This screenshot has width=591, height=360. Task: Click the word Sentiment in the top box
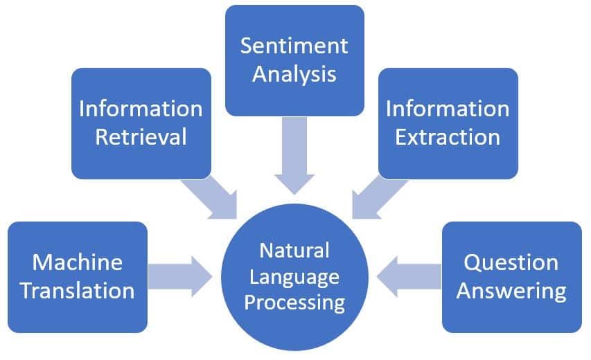coord(294,46)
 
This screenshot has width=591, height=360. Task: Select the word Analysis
coord(294,74)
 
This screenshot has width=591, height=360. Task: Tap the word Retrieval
coord(141,136)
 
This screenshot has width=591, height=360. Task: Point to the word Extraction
coord(448,136)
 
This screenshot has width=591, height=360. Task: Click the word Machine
coord(78,262)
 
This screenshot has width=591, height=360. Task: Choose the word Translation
coord(78,290)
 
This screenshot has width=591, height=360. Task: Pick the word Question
coord(511,262)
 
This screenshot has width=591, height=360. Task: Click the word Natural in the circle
coord(294,251)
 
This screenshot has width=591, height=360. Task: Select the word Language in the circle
coord(294,278)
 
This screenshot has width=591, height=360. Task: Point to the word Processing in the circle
coord(294,303)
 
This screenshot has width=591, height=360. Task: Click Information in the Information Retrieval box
coord(141,109)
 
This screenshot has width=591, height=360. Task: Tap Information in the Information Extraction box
coord(448,109)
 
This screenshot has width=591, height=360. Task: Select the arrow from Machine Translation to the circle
coord(180,277)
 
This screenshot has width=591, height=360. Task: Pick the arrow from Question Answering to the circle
coord(409,277)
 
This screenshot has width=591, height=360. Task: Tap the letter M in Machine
coord(41,262)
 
